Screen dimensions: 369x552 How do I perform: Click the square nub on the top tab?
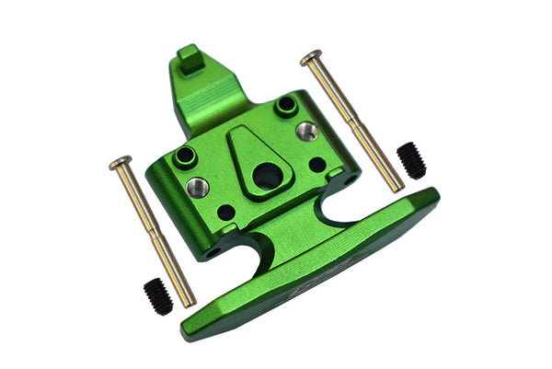pos(190,59)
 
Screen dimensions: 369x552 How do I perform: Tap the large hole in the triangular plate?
pos(267,174)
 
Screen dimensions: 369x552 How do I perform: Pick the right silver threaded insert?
pos(306,131)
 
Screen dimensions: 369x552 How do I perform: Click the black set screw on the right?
pos(412,160)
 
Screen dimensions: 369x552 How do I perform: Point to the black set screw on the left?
pos(157,296)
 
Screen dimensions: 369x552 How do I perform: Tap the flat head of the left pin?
pos(120,164)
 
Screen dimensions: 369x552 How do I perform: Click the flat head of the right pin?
pos(311,57)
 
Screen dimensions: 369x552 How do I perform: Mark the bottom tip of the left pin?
pos(190,302)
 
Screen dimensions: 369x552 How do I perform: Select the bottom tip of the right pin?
pos(397,188)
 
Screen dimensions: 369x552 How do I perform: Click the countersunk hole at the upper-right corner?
pos(285,105)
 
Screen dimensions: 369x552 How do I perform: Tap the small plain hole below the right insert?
pos(316,165)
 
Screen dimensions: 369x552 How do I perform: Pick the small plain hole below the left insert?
pos(225,212)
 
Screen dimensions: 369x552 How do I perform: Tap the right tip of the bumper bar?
pos(433,195)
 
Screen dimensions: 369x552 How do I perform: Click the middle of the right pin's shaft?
pos(355,123)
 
